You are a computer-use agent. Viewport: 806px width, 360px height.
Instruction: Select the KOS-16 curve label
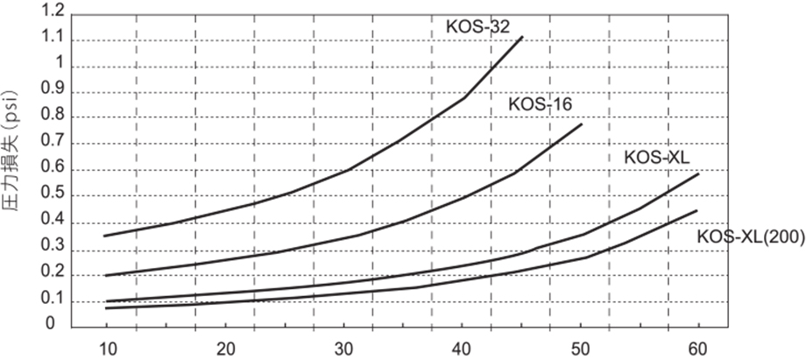pos(540,104)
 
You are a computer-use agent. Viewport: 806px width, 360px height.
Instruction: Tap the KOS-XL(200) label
pos(751,236)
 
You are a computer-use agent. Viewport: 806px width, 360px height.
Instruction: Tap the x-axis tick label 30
pos(343,347)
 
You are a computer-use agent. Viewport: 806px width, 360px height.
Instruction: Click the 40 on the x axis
pos(463,347)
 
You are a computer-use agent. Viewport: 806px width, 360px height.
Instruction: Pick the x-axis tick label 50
pos(582,347)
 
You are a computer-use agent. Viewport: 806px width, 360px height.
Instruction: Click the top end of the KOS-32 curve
pos(522,37)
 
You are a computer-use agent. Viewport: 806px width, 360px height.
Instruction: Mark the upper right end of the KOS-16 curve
pos(582,124)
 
